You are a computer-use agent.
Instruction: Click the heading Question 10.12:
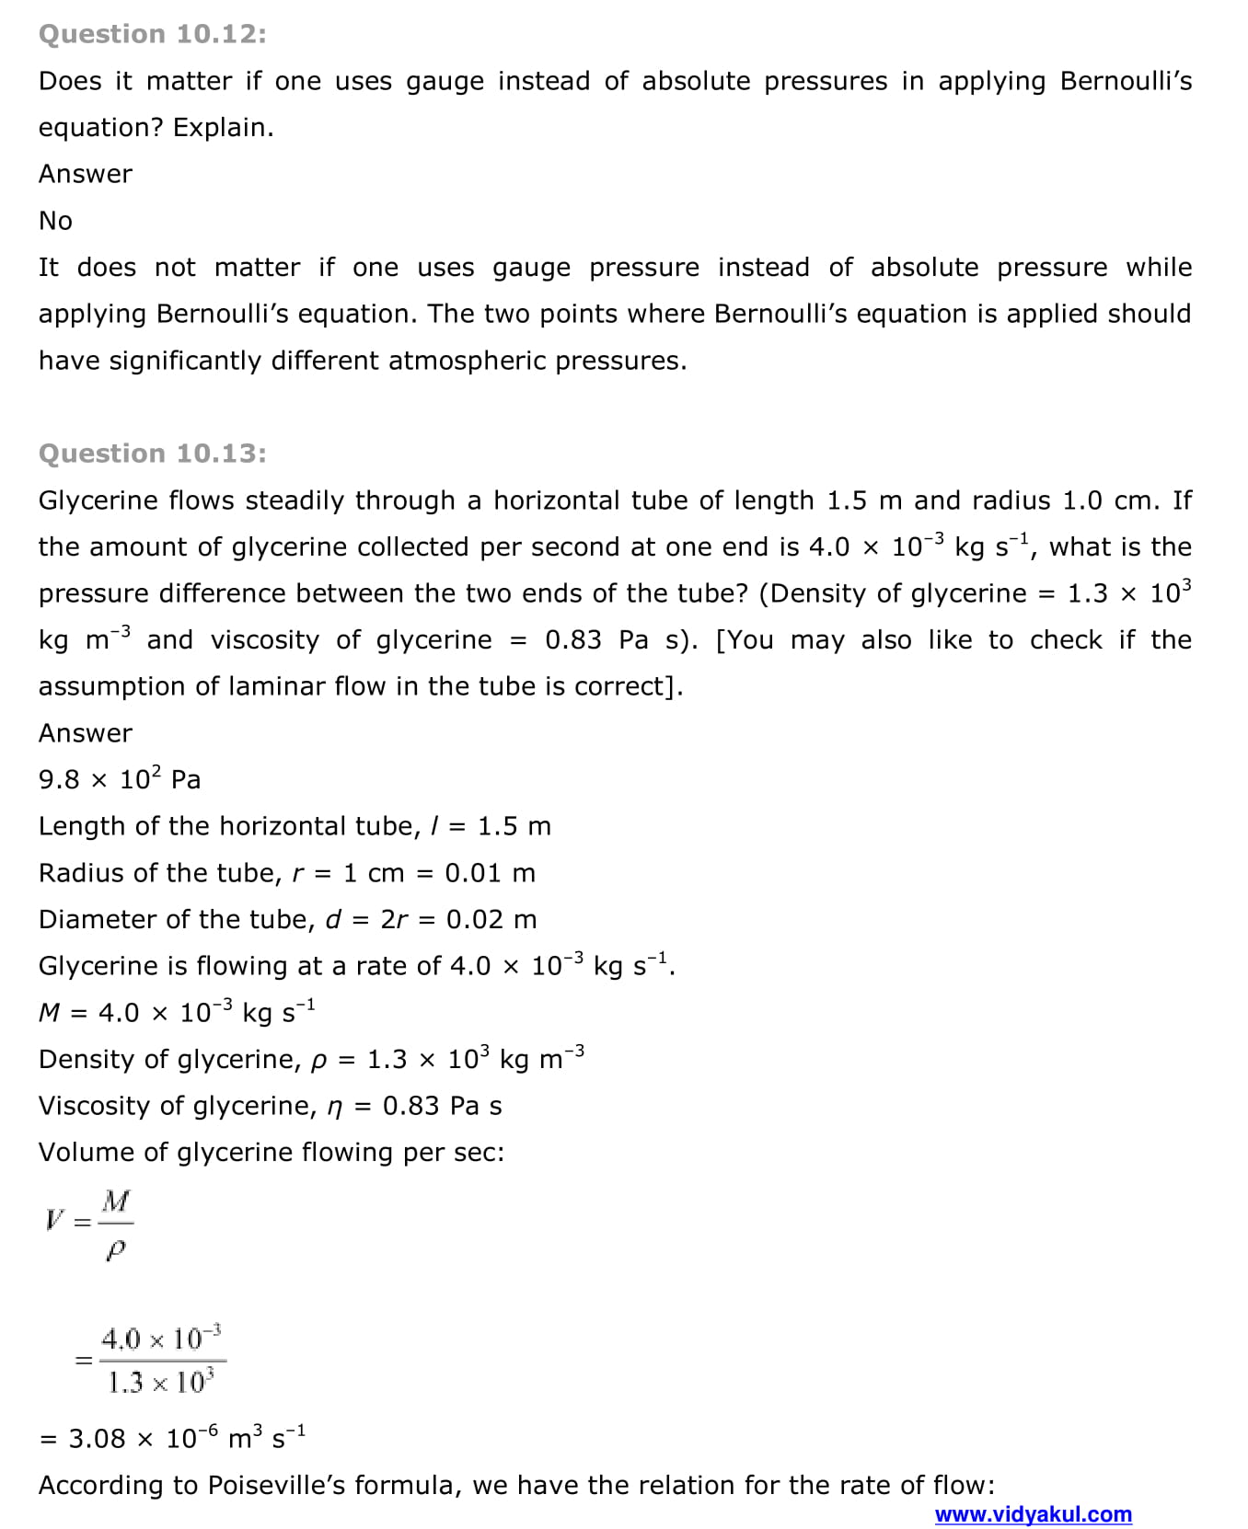coord(153,34)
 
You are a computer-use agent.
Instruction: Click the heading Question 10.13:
coord(153,454)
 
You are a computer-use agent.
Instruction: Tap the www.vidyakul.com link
coord(1033,1513)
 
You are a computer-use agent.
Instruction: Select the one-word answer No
coord(55,221)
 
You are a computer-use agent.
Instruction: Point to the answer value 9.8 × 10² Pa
coord(120,779)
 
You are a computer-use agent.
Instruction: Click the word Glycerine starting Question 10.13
coord(96,500)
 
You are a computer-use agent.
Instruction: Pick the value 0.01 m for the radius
coord(490,873)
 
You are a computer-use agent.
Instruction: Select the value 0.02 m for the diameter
coord(491,919)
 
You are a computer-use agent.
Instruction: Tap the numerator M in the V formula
coord(116,1201)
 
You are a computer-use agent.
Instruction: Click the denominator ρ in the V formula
coord(116,1248)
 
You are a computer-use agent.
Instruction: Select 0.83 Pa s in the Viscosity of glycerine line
coord(442,1106)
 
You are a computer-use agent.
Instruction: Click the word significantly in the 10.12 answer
coord(185,361)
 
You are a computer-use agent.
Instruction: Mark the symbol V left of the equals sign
coord(54,1221)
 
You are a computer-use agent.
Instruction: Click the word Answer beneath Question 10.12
coord(86,174)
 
